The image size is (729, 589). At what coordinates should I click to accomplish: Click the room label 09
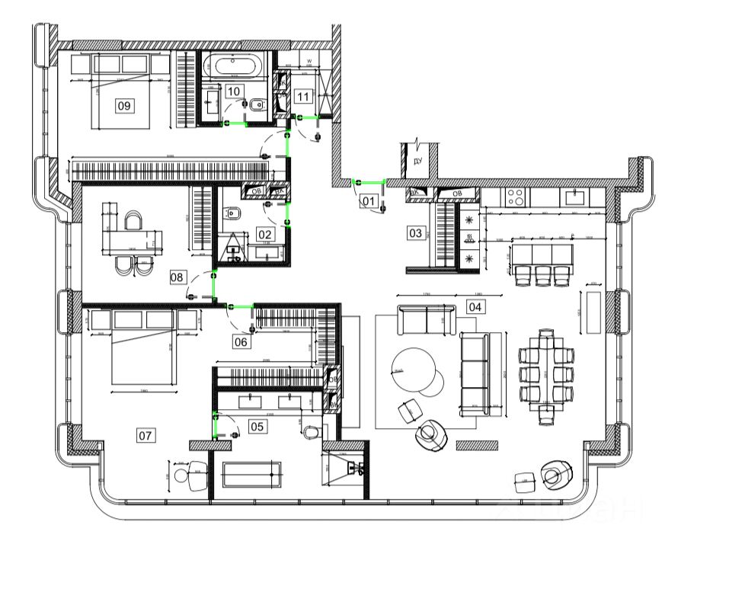click(x=124, y=105)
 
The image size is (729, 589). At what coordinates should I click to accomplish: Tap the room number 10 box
click(x=233, y=91)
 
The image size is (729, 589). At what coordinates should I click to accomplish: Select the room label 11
click(x=303, y=96)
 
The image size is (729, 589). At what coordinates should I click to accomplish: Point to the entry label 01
click(x=369, y=201)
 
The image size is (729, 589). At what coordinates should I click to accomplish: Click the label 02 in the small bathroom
click(x=264, y=234)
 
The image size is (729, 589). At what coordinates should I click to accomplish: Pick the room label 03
click(x=415, y=232)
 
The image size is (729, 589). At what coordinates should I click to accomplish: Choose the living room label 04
click(x=475, y=307)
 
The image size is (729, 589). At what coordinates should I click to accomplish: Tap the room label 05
click(x=257, y=427)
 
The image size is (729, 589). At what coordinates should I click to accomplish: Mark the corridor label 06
click(x=241, y=342)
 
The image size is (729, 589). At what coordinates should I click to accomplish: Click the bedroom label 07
click(x=145, y=436)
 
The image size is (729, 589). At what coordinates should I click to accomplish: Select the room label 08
click(x=177, y=277)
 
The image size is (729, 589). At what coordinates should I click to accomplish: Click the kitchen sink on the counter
click(x=573, y=197)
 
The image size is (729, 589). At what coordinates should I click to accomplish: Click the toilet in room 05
click(x=311, y=432)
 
